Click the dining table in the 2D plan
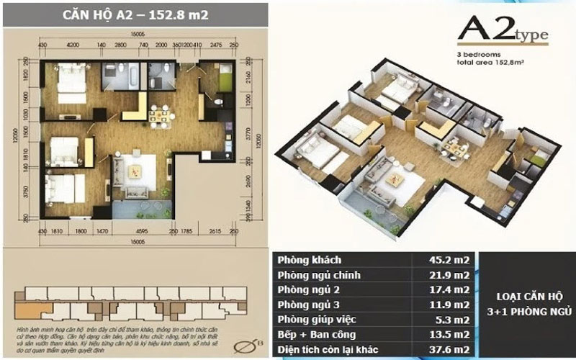point(160,114)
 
